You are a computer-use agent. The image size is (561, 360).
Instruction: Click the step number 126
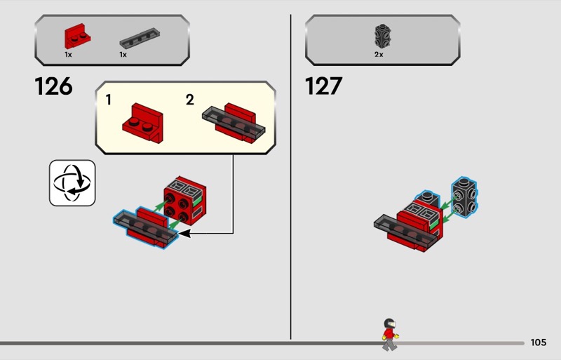click(x=54, y=86)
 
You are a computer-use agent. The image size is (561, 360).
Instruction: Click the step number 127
click(x=323, y=86)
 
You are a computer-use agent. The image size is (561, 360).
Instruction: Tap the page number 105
click(x=539, y=342)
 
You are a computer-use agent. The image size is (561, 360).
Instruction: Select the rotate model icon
click(x=72, y=183)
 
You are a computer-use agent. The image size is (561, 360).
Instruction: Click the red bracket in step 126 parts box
click(x=77, y=36)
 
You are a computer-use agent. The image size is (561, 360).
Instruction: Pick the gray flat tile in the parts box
click(x=140, y=38)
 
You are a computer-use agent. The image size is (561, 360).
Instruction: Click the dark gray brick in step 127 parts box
click(x=382, y=36)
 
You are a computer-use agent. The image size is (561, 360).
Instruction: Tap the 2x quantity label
click(x=379, y=55)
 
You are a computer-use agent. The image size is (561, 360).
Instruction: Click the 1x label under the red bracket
click(x=68, y=55)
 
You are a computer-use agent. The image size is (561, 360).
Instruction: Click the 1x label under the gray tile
click(x=123, y=55)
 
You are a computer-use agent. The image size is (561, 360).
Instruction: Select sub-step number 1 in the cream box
click(x=109, y=100)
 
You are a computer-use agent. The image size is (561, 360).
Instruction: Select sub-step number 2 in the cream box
click(x=189, y=100)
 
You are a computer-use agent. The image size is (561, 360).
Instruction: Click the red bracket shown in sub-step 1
click(x=143, y=124)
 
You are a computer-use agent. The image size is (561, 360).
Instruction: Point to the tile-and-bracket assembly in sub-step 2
click(x=234, y=123)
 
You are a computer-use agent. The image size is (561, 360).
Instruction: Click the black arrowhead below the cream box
click(x=184, y=234)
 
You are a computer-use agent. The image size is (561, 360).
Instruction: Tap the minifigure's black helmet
click(x=389, y=323)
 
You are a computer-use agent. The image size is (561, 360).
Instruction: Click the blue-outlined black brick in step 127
click(x=464, y=197)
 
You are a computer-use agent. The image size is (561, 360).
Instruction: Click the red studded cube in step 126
click(x=185, y=201)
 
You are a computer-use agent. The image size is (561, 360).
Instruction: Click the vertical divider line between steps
click(x=290, y=177)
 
